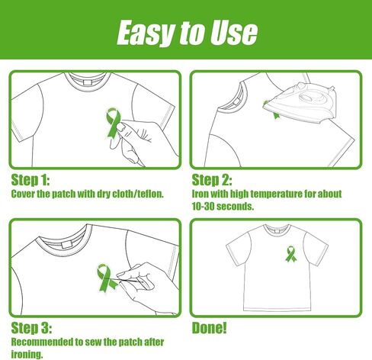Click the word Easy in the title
coord(147,33)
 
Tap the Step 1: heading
coord(30,180)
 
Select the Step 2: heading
coord(212,180)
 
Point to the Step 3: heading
coord(31,328)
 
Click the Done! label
coord(209,327)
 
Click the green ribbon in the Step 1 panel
coord(113,124)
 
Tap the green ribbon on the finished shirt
coord(290,253)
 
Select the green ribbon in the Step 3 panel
coord(106,278)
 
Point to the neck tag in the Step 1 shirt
coord(88,82)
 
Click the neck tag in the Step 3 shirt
coord(67,245)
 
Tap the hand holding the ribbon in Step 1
coord(143,141)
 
